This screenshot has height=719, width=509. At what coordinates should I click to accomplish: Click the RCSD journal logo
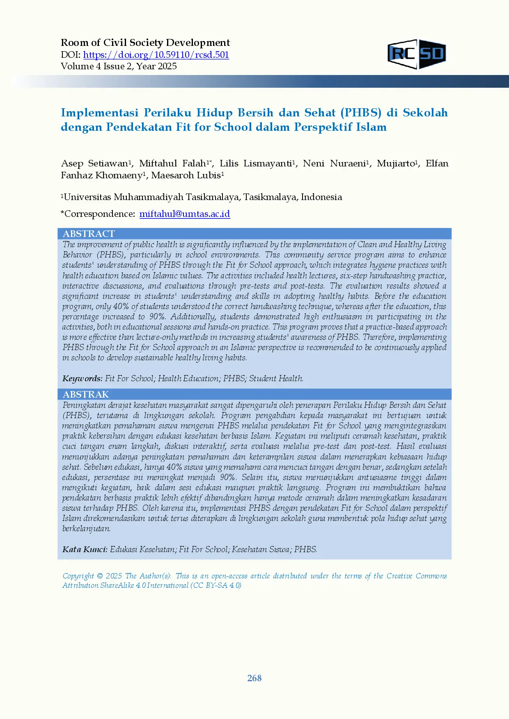(x=417, y=54)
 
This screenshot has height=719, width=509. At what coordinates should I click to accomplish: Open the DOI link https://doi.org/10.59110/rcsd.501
(x=156, y=55)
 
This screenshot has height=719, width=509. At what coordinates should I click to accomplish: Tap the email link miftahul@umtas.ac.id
(x=185, y=214)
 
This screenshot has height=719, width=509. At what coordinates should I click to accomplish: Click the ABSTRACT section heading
(x=89, y=234)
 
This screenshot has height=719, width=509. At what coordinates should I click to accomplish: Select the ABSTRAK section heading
(x=86, y=394)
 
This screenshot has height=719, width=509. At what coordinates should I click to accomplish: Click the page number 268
(x=254, y=678)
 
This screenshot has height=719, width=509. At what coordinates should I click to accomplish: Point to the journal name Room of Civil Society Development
(x=145, y=43)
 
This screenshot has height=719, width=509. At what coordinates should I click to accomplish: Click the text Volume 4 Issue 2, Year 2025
(x=119, y=66)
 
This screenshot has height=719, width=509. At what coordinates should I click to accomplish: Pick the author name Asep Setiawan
(x=94, y=164)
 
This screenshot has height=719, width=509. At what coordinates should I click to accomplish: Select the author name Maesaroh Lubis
(x=186, y=175)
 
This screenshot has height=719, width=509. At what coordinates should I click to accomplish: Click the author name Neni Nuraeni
(x=334, y=164)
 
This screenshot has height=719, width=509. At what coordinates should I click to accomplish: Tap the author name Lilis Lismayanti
(x=255, y=164)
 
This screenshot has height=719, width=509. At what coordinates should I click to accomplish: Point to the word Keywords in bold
(x=82, y=378)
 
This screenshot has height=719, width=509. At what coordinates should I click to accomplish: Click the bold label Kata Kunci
(x=85, y=549)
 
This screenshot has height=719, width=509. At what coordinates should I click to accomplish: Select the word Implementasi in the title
(x=99, y=113)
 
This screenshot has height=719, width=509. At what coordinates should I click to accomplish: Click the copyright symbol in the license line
(x=100, y=576)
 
